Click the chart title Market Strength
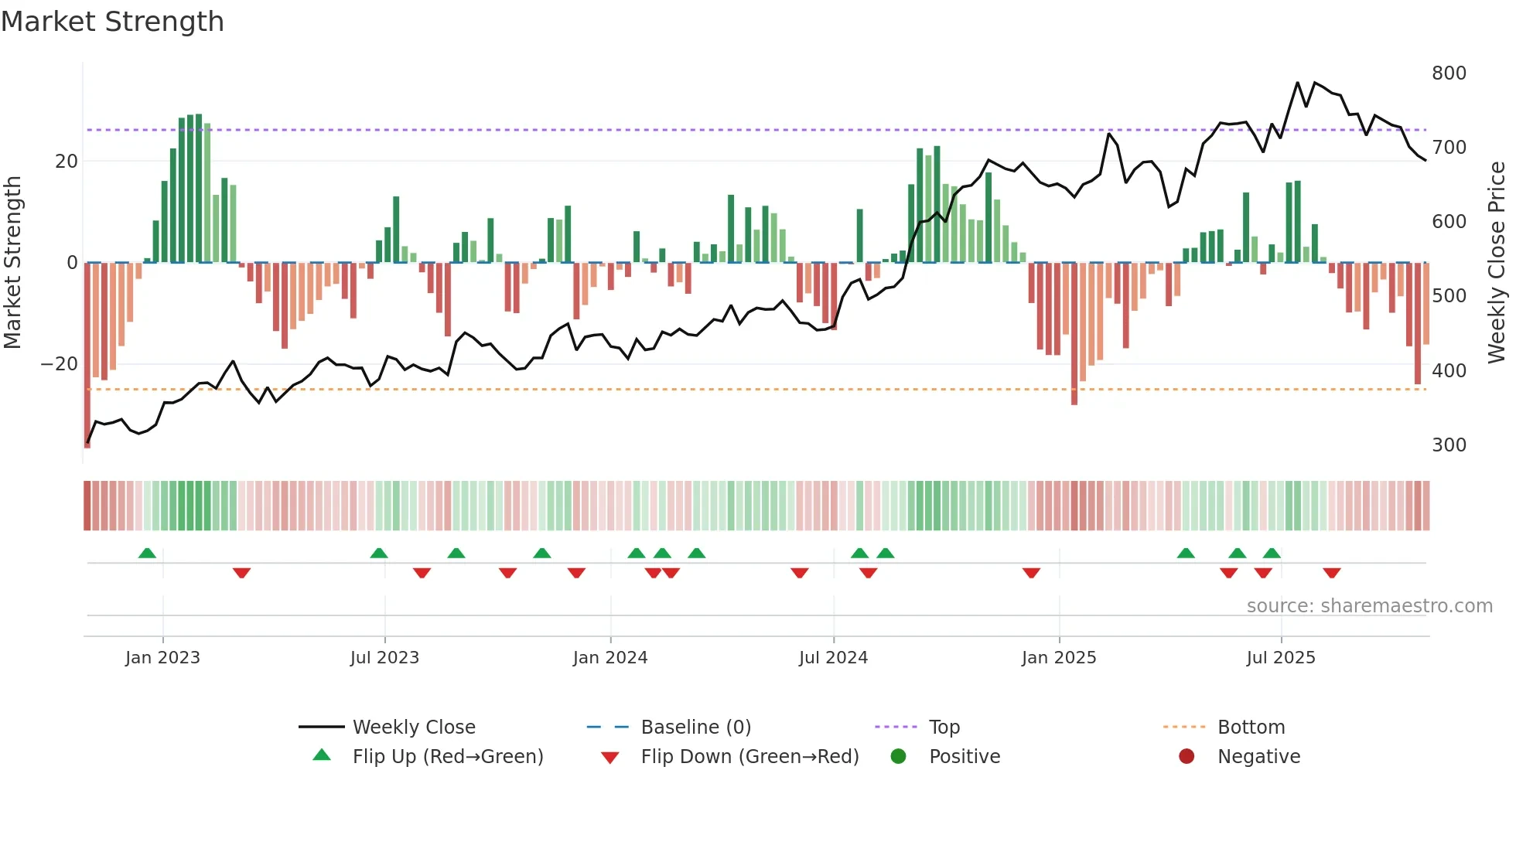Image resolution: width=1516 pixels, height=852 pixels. point(113,22)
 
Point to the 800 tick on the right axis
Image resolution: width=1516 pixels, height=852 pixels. point(1449,73)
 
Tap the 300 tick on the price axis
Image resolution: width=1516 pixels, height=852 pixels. point(1449,445)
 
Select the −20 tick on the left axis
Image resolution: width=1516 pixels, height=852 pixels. point(60,364)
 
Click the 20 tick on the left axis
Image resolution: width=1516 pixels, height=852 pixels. point(67,162)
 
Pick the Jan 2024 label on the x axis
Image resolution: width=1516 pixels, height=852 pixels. point(610,658)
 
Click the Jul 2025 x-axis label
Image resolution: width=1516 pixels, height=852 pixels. point(1281,658)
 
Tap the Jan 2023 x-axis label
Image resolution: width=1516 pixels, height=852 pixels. point(162,658)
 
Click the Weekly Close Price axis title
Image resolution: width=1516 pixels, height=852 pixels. point(1497,262)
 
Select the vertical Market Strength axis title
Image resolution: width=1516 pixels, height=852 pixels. point(13,262)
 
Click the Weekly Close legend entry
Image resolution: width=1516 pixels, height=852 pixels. point(414,728)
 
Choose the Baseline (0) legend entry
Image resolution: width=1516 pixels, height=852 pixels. point(695,728)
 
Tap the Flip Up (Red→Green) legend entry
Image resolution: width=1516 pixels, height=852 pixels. point(448,757)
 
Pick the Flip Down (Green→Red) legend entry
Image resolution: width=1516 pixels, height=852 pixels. point(749,757)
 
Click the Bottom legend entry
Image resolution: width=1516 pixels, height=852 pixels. point(1251,728)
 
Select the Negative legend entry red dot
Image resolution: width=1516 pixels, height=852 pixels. point(1187,757)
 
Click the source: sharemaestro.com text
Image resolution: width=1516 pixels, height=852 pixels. point(1369,606)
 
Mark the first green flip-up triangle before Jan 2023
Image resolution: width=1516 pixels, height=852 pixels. point(147,553)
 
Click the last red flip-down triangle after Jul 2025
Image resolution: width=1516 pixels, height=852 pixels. point(1331,573)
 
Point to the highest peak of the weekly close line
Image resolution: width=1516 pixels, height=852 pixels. point(1298,82)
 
